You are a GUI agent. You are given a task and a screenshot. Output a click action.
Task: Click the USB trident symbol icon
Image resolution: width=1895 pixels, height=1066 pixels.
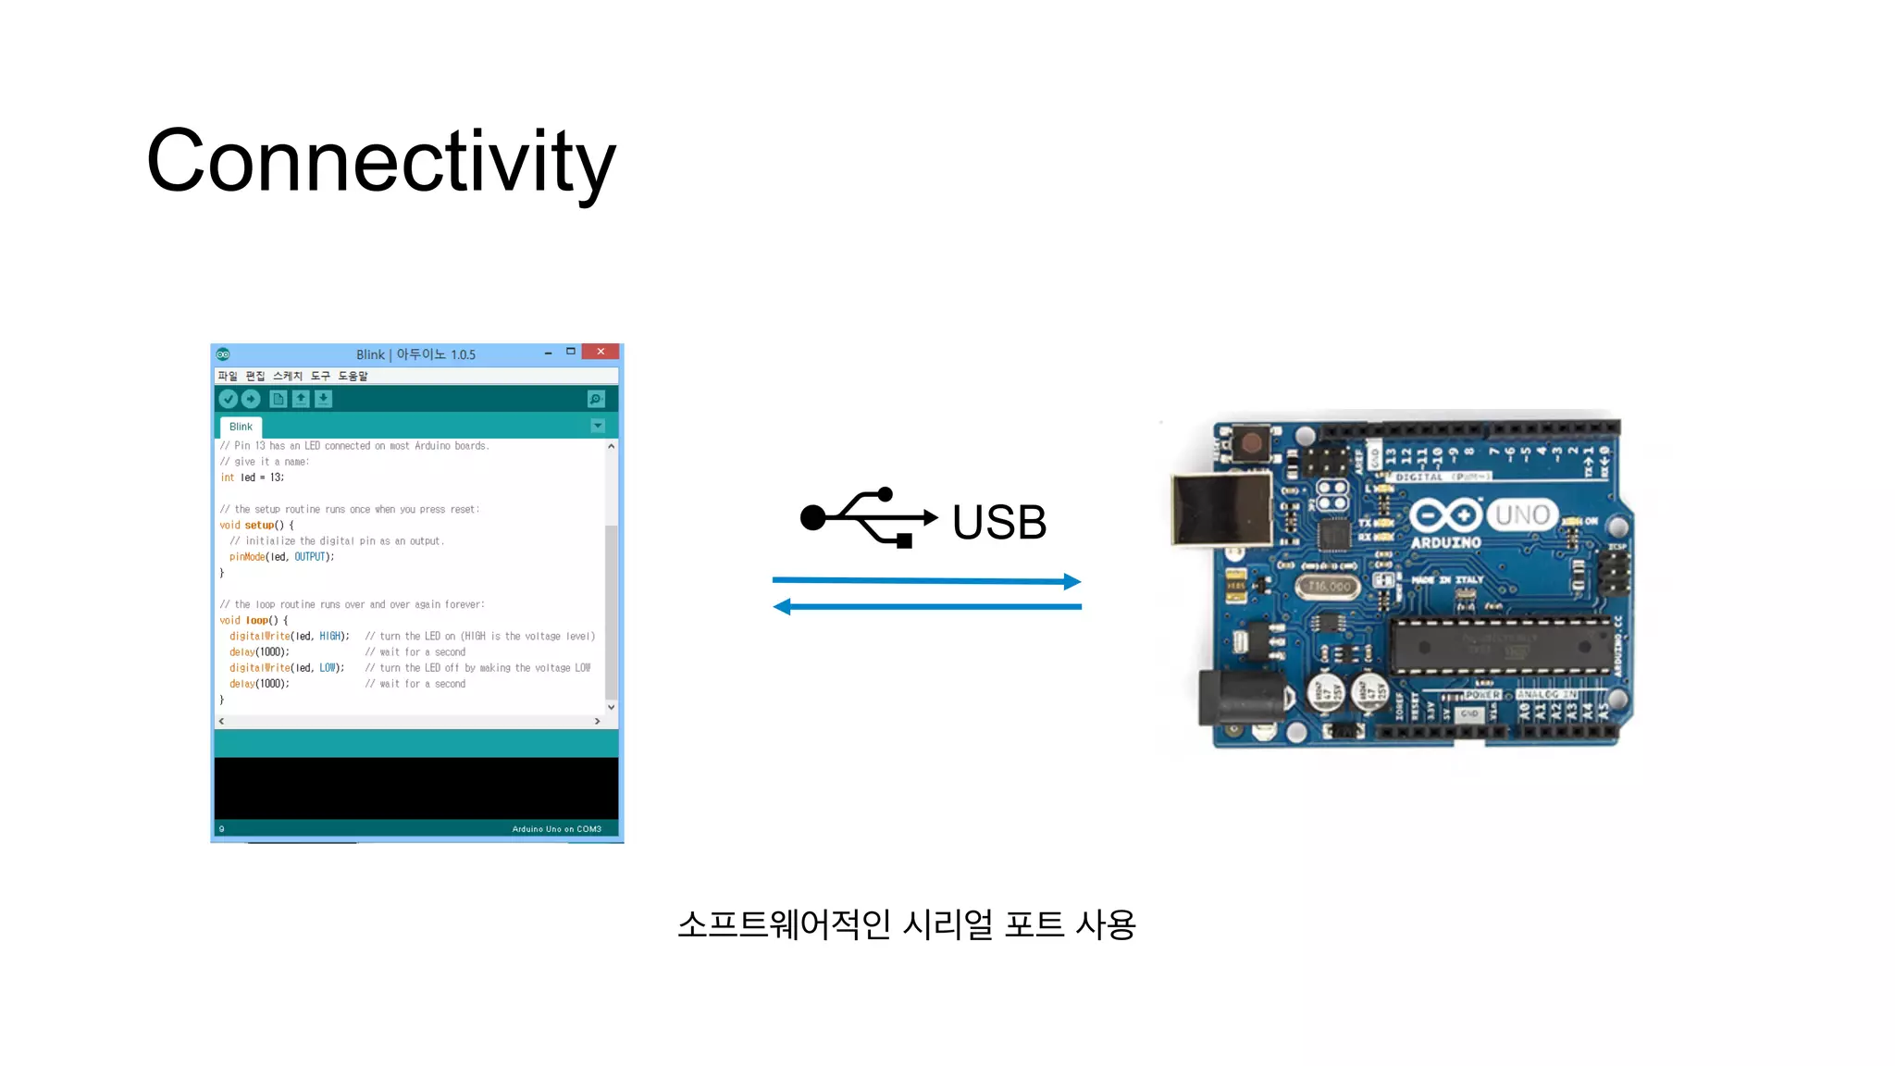click(868, 517)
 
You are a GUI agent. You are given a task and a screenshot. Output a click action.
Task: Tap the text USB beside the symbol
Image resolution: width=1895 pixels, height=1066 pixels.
click(999, 522)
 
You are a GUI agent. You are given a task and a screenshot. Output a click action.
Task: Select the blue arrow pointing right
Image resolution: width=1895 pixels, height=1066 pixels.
click(926, 581)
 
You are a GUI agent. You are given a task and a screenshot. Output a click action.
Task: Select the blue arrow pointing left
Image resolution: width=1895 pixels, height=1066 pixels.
click(926, 607)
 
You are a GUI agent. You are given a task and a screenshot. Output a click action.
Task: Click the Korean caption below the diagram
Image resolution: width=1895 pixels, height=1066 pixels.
click(906, 924)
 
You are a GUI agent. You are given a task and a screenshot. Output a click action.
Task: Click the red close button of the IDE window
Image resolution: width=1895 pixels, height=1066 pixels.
click(601, 353)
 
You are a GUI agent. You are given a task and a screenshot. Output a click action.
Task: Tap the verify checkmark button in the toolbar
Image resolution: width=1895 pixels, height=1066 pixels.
click(228, 399)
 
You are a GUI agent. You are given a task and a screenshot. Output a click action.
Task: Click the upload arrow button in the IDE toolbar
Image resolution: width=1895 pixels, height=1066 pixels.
click(251, 399)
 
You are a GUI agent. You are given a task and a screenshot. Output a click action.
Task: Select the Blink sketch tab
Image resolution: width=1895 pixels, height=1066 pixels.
click(241, 427)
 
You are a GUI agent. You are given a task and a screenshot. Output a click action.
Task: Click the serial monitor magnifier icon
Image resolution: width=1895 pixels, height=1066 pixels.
click(596, 399)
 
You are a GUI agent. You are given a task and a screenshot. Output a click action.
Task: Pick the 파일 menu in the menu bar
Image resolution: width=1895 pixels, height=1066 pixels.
click(228, 376)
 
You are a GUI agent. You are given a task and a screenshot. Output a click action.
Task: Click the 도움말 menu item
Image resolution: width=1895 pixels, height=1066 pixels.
click(353, 376)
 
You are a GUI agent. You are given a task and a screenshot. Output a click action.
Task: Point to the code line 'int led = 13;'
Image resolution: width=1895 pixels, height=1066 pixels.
click(252, 477)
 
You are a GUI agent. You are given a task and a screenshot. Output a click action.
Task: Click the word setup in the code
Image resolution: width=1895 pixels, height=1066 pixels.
click(259, 526)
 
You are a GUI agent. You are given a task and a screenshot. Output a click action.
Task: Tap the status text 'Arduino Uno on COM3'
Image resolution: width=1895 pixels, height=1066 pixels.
click(556, 829)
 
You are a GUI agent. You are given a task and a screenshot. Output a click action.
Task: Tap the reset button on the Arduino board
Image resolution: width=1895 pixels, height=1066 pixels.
click(1251, 442)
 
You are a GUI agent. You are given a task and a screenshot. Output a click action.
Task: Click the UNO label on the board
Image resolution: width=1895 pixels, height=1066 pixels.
click(1522, 514)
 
